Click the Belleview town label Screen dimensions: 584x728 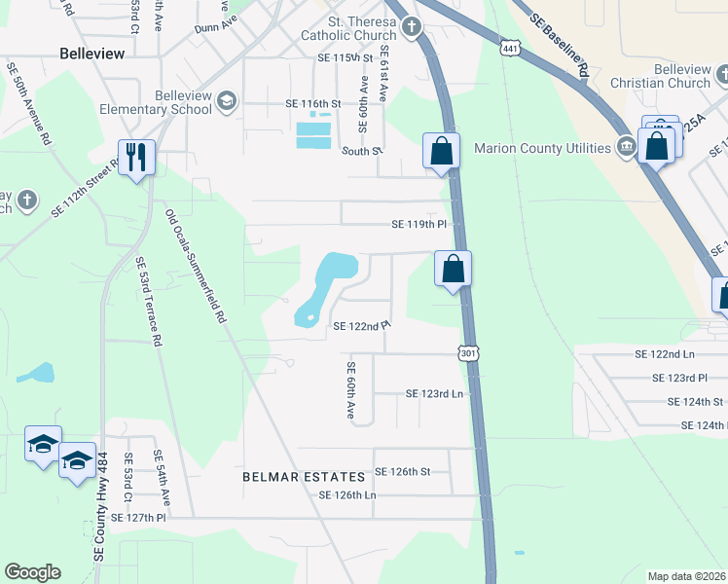click(x=92, y=54)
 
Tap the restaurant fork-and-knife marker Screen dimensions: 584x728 click(x=136, y=156)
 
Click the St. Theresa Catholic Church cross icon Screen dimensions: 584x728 click(x=412, y=26)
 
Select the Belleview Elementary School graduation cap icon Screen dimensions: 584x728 click(x=227, y=100)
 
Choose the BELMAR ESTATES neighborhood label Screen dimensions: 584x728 click(x=305, y=477)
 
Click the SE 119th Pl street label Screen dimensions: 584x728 click(x=419, y=224)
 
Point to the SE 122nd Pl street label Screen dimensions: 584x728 click(x=362, y=326)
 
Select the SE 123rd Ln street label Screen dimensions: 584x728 click(x=433, y=394)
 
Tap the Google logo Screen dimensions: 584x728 click(x=32, y=572)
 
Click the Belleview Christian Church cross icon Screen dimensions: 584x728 click(x=722, y=75)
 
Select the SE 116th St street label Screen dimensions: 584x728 click(x=313, y=103)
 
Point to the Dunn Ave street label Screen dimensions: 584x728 click(x=216, y=30)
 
